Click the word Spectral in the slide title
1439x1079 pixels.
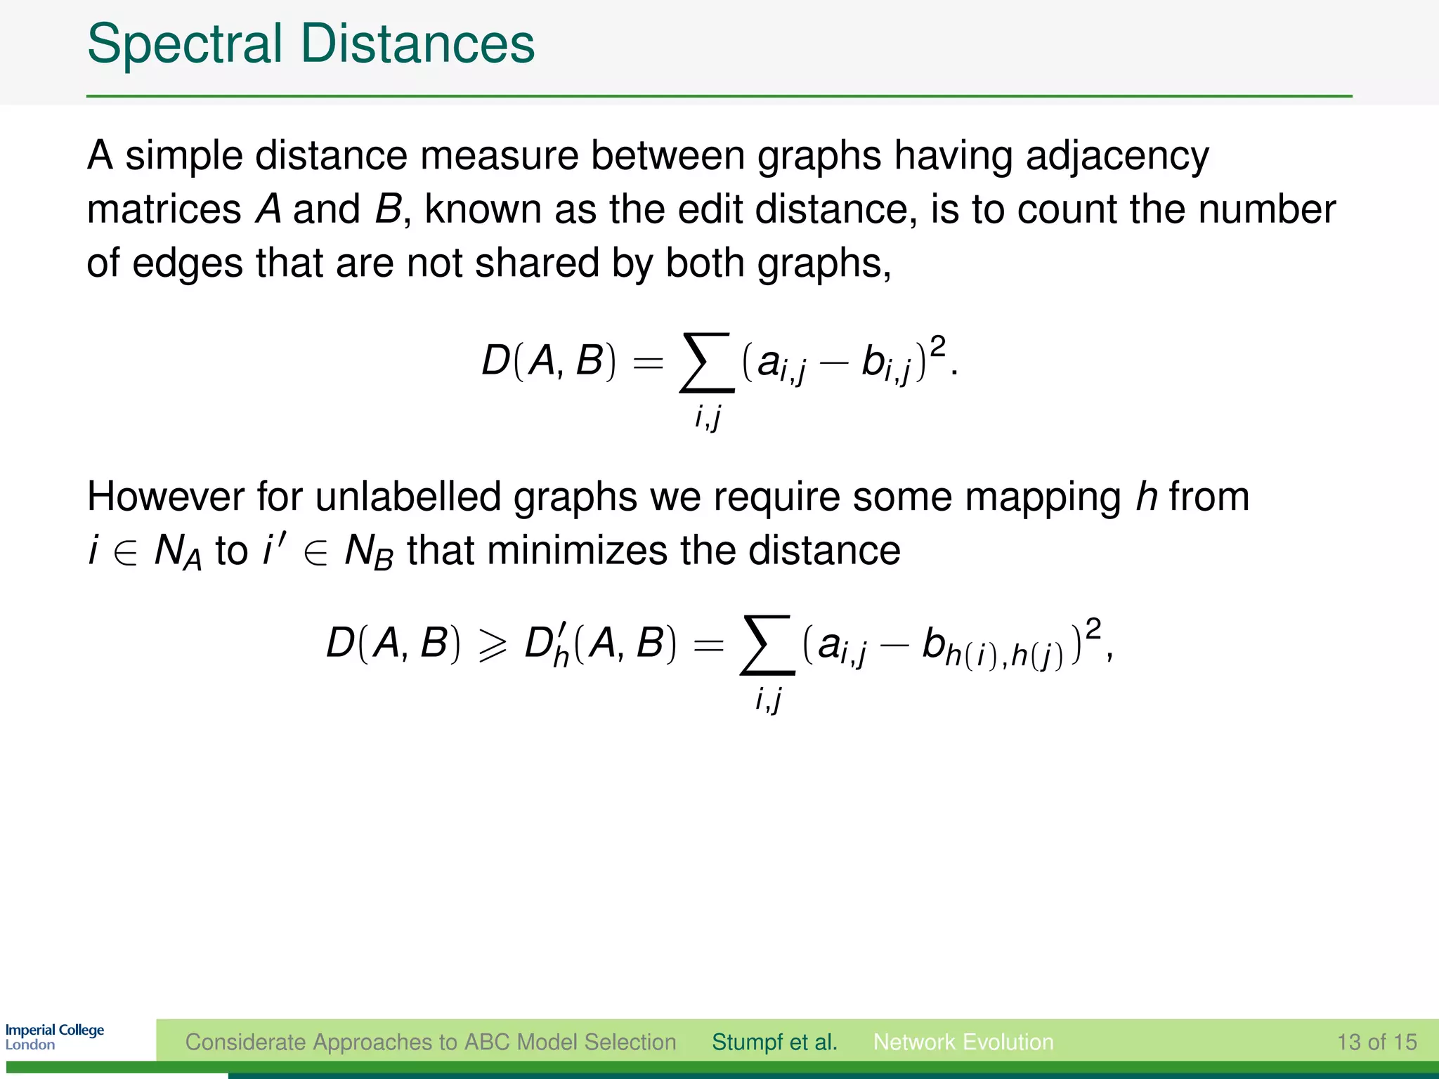pos(185,44)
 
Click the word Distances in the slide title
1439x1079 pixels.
pos(417,44)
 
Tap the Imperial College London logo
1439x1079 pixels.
pos(55,1037)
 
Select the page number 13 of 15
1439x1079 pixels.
pos(1376,1042)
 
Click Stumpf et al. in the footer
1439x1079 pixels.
pos(774,1042)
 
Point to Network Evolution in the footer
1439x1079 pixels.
pos(963,1042)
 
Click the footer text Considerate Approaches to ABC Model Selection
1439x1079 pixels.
pos(431,1042)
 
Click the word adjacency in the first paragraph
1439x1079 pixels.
pos(1117,156)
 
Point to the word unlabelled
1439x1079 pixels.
pos(408,497)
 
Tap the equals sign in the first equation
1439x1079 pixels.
pos(648,363)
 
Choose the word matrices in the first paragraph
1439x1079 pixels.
pos(164,209)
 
